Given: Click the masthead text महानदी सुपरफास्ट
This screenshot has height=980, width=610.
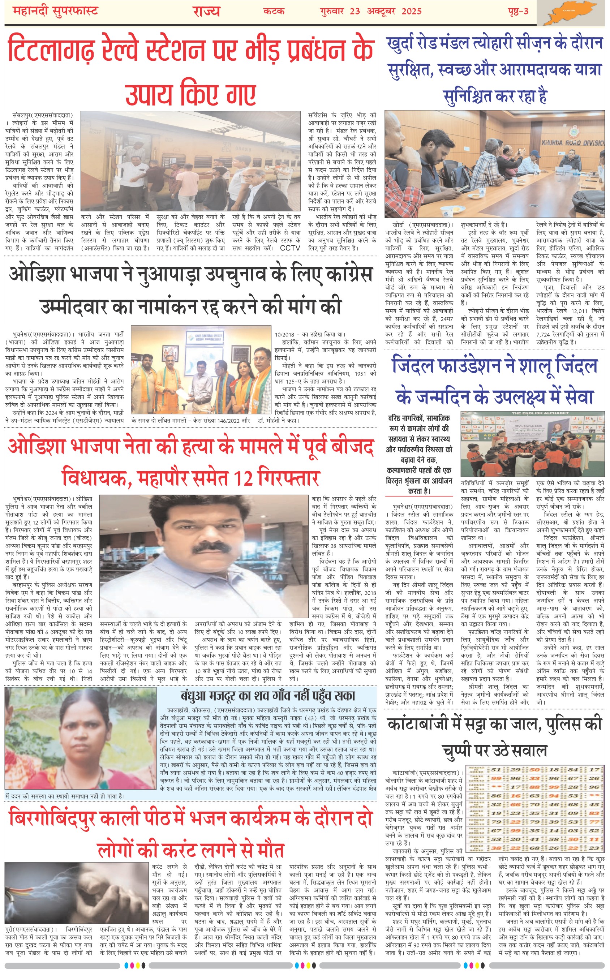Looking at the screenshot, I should point(55,11).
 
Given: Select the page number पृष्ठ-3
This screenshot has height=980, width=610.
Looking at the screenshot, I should point(518,11).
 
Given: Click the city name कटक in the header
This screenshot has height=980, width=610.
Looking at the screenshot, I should point(274,11).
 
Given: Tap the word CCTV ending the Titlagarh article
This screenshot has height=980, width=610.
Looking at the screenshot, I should point(290,248).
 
